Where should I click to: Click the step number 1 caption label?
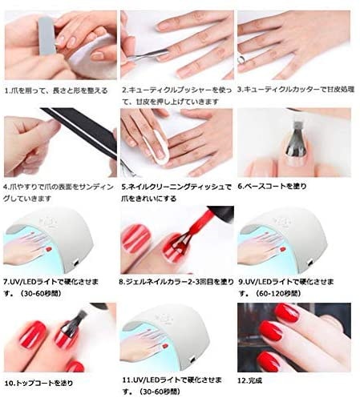(56, 91)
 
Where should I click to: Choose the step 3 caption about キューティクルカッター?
(297, 90)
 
